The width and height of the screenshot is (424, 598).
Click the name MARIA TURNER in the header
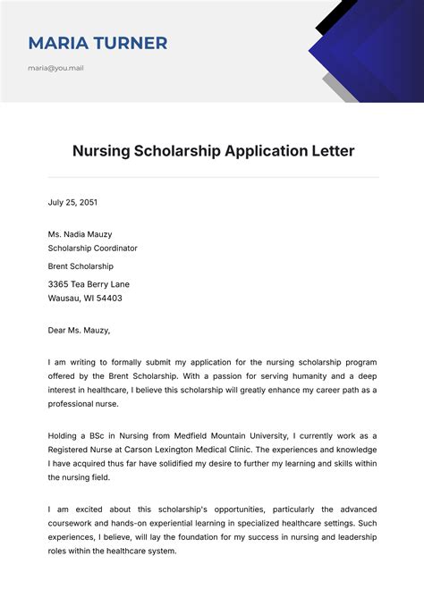98,43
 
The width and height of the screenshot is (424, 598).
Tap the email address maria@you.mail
55,68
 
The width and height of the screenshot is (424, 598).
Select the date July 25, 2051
72,203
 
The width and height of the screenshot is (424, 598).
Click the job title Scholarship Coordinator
93,248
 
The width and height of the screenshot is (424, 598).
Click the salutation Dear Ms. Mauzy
79,330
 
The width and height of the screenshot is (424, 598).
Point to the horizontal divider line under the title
213,177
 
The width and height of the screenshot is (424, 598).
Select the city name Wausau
64,299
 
